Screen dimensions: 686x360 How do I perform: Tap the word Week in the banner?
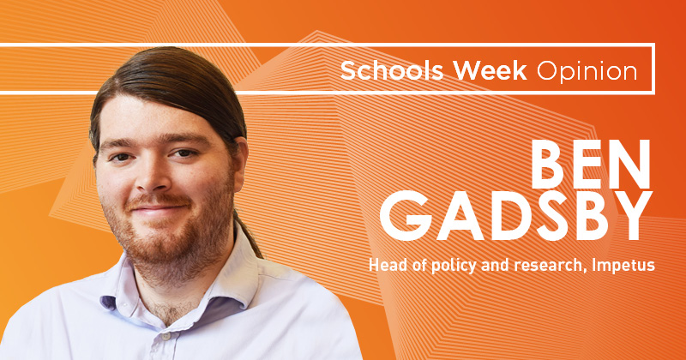point(490,71)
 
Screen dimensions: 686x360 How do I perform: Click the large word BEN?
point(591,165)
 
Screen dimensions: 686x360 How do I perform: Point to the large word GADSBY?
point(516,216)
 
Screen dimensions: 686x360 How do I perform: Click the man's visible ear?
point(240,163)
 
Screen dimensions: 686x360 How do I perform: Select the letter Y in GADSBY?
point(632,216)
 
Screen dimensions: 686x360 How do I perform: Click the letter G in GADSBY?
point(401,216)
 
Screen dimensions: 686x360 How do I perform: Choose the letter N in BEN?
point(630,165)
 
